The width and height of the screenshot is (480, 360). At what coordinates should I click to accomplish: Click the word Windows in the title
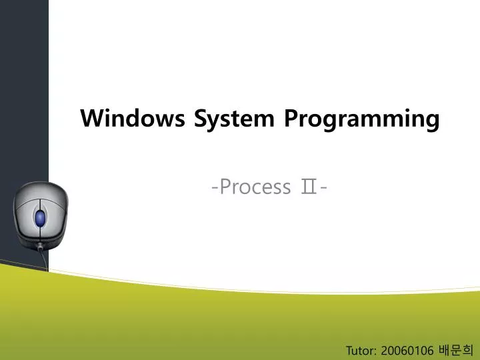[x=134, y=119]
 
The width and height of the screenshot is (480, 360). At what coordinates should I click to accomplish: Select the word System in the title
[x=234, y=119]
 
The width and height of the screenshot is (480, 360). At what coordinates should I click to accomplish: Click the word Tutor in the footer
[x=361, y=350]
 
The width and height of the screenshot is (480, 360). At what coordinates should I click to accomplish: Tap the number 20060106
[x=407, y=350]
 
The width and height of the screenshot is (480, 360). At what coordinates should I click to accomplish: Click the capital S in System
[x=200, y=119]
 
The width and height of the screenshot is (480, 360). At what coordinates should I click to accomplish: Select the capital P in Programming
[x=291, y=119]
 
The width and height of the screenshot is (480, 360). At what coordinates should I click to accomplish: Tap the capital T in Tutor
[x=349, y=350]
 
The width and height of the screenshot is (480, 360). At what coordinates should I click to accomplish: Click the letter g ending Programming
[x=433, y=121]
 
